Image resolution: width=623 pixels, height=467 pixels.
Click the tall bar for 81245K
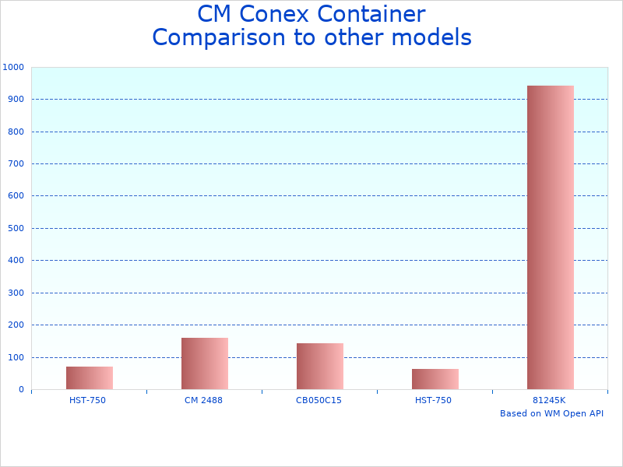(x=550, y=237)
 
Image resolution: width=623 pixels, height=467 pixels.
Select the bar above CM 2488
(x=204, y=363)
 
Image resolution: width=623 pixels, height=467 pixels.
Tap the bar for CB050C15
(x=319, y=366)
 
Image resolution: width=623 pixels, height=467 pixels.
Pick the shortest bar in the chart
(x=435, y=379)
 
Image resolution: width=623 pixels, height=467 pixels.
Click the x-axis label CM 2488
(x=204, y=400)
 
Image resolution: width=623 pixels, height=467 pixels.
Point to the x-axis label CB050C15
(x=319, y=400)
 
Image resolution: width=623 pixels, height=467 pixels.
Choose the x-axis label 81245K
(x=549, y=400)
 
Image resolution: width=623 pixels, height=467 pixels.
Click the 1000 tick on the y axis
(x=13, y=67)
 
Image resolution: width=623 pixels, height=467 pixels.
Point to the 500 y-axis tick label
(x=16, y=228)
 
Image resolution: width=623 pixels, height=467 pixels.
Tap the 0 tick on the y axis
(x=21, y=389)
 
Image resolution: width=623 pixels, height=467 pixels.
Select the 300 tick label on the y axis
(x=16, y=293)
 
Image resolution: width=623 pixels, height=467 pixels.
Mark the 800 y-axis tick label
(x=16, y=132)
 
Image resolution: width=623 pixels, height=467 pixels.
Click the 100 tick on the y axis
(x=16, y=357)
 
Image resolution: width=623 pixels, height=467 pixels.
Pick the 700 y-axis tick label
(x=16, y=163)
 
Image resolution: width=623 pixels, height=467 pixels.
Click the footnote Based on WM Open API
(x=551, y=413)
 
